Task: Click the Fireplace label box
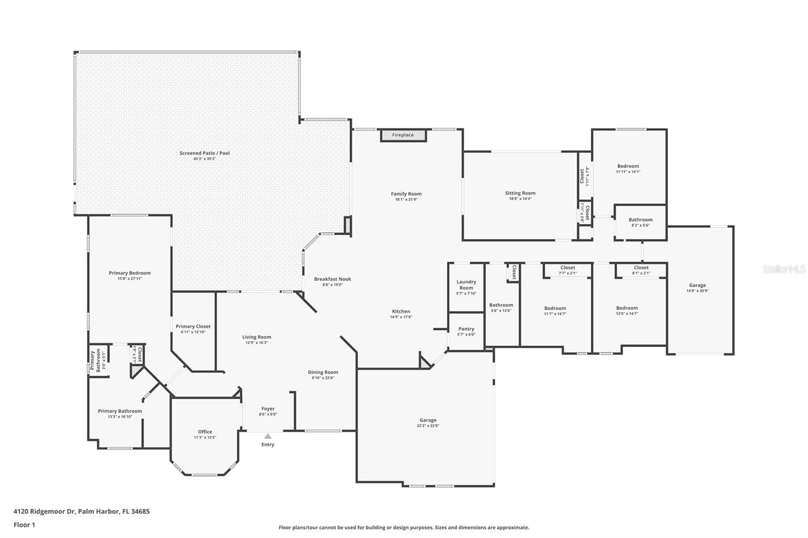403,135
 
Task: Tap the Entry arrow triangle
268,436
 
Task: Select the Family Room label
406,194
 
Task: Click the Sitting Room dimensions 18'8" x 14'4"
520,199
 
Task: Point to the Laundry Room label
466,285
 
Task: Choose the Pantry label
466,329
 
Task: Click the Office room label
205,432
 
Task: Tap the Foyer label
268,409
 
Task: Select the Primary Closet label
193,327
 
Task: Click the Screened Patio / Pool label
205,153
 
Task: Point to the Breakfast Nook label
332,279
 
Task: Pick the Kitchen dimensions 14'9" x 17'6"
401,317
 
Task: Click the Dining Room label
323,372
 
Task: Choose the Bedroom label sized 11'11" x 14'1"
628,166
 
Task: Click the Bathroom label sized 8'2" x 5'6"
640,220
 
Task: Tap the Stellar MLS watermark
784,270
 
